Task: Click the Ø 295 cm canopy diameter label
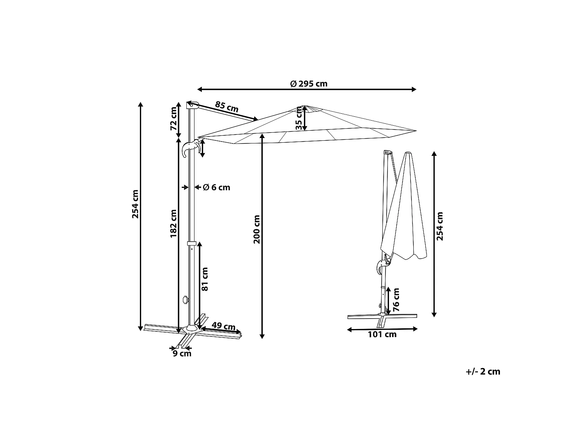pyautogui.click(x=309, y=84)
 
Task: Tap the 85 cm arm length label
pyautogui.click(x=227, y=107)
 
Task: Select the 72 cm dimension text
pyautogui.click(x=173, y=119)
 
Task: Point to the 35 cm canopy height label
pyautogui.click(x=299, y=118)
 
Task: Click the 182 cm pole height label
pyautogui.click(x=173, y=224)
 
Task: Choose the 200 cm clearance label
pyautogui.click(x=257, y=229)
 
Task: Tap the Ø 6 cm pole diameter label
pyautogui.click(x=217, y=187)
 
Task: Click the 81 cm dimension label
pyautogui.click(x=205, y=279)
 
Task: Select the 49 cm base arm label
pyautogui.click(x=223, y=326)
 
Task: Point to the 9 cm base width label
pyautogui.click(x=182, y=353)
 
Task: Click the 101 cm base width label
pyautogui.click(x=382, y=334)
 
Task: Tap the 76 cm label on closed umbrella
pyautogui.click(x=396, y=300)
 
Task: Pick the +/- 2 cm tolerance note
pyautogui.click(x=483, y=372)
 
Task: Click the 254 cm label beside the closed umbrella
pyautogui.click(x=440, y=226)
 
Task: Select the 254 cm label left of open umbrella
pyautogui.click(x=135, y=204)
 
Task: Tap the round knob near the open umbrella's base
pyautogui.click(x=186, y=300)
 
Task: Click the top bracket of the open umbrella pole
pyautogui.click(x=192, y=105)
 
